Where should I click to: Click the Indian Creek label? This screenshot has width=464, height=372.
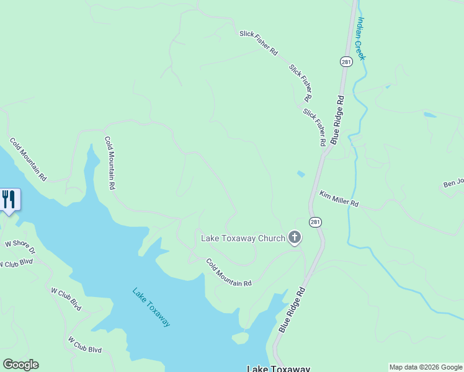click(x=361, y=38)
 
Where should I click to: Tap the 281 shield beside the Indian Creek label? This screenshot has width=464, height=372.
click(x=346, y=61)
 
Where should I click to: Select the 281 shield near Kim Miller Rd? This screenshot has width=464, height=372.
click(x=316, y=222)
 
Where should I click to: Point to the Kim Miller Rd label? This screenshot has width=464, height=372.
click(x=339, y=199)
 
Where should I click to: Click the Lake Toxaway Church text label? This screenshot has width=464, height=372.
click(x=243, y=237)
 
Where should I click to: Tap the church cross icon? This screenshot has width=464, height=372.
click(x=295, y=237)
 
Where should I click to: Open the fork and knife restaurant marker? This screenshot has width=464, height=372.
click(x=9, y=200)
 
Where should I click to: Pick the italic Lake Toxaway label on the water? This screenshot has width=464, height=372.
click(x=151, y=307)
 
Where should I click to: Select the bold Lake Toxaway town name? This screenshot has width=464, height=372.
click(x=278, y=368)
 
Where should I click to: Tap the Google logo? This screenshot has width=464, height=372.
click(x=20, y=365)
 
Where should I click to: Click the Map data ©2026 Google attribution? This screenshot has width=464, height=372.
click(x=426, y=367)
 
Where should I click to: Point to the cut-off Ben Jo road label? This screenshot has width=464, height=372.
click(x=453, y=184)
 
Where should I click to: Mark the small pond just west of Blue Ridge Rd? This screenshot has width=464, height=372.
click(x=301, y=174)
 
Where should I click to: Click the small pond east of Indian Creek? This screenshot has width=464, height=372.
click(x=429, y=115)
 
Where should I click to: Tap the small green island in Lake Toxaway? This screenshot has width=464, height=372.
click(x=240, y=338)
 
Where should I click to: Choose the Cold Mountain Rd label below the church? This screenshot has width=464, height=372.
click(x=229, y=272)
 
